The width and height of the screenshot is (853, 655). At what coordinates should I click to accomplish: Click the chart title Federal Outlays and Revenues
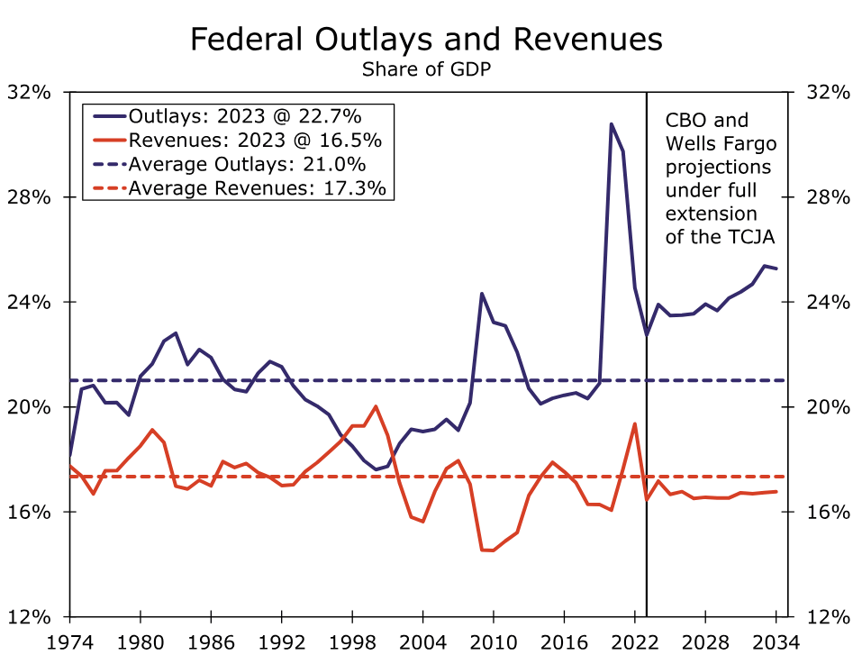point(426,41)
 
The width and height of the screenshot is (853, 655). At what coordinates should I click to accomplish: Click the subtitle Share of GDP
point(426,69)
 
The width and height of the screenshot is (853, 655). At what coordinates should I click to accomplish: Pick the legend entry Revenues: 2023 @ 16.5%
point(255,141)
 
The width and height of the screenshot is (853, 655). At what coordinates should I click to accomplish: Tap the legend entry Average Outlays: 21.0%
point(247,164)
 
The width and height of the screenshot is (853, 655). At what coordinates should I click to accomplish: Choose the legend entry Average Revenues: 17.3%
point(257,187)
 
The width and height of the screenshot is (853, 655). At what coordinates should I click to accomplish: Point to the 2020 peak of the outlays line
point(611,124)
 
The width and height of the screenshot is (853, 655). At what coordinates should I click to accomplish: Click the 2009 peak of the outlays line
point(482,294)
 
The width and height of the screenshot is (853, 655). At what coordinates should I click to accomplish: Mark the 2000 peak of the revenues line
point(376,406)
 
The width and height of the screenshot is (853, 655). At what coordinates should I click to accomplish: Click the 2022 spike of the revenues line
point(635,423)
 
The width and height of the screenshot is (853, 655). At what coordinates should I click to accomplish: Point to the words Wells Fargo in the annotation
point(720,143)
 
